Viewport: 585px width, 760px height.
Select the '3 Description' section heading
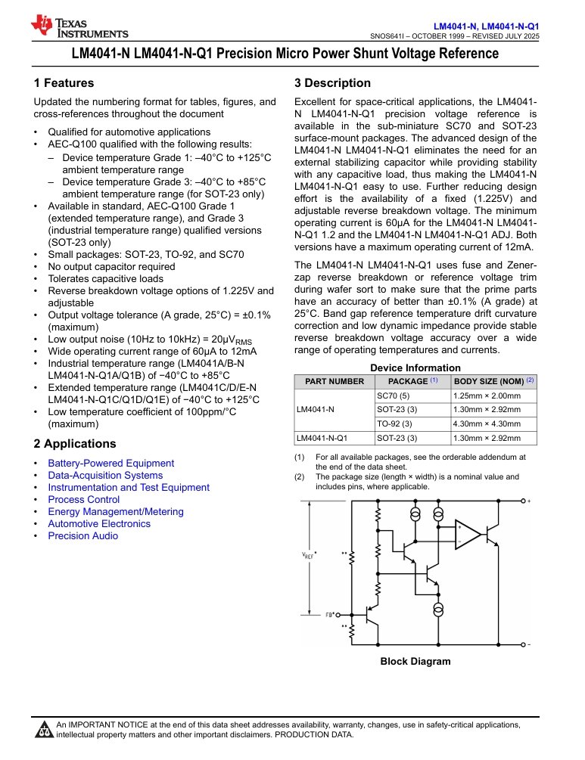click(332, 83)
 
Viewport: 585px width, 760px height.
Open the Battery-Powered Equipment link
click(110, 463)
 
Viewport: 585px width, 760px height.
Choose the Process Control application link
click(83, 499)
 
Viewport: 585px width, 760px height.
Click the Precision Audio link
click(82, 535)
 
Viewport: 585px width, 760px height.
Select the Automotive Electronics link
click(99, 523)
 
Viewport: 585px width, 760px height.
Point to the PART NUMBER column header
click(334, 381)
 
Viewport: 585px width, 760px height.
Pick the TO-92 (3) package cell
click(394, 423)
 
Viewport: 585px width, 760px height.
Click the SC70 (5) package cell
click(393, 396)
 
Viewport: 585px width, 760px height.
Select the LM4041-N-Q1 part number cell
click(322, 437)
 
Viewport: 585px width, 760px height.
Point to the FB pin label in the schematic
click(329, 614)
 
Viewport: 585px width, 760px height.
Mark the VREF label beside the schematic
click(309, 555)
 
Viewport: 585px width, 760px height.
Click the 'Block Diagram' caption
click(415, 661)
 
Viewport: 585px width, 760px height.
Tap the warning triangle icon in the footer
click(45, 730)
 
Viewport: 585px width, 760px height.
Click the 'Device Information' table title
click(415, 368)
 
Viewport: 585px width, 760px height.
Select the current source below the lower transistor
click(438, 610)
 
